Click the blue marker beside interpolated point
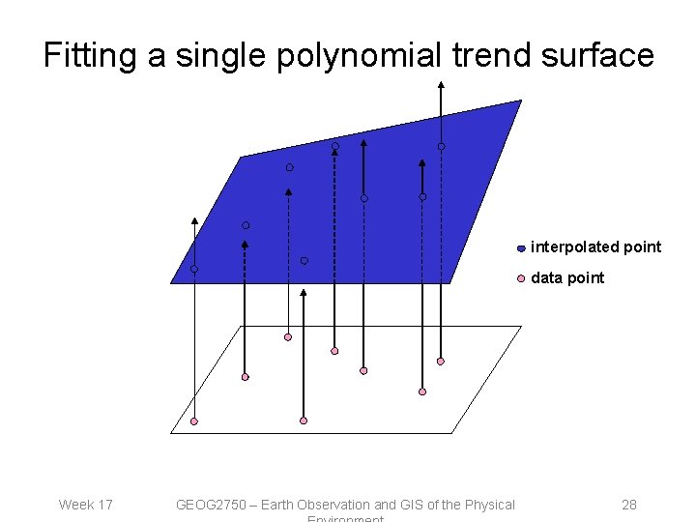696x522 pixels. [521, 247]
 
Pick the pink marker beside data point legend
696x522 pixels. [521, 278]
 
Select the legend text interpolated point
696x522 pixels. [596, 247]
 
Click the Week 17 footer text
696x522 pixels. [85, 505]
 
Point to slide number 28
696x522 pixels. [628, 505]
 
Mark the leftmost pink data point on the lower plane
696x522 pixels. [194, 421]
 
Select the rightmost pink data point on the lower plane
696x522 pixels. [440, 362]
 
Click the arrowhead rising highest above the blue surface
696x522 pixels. [441, 85]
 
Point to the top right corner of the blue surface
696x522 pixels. [521, 101]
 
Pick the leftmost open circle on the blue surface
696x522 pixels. [194, 269]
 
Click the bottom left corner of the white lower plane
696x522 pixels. [172, 433]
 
